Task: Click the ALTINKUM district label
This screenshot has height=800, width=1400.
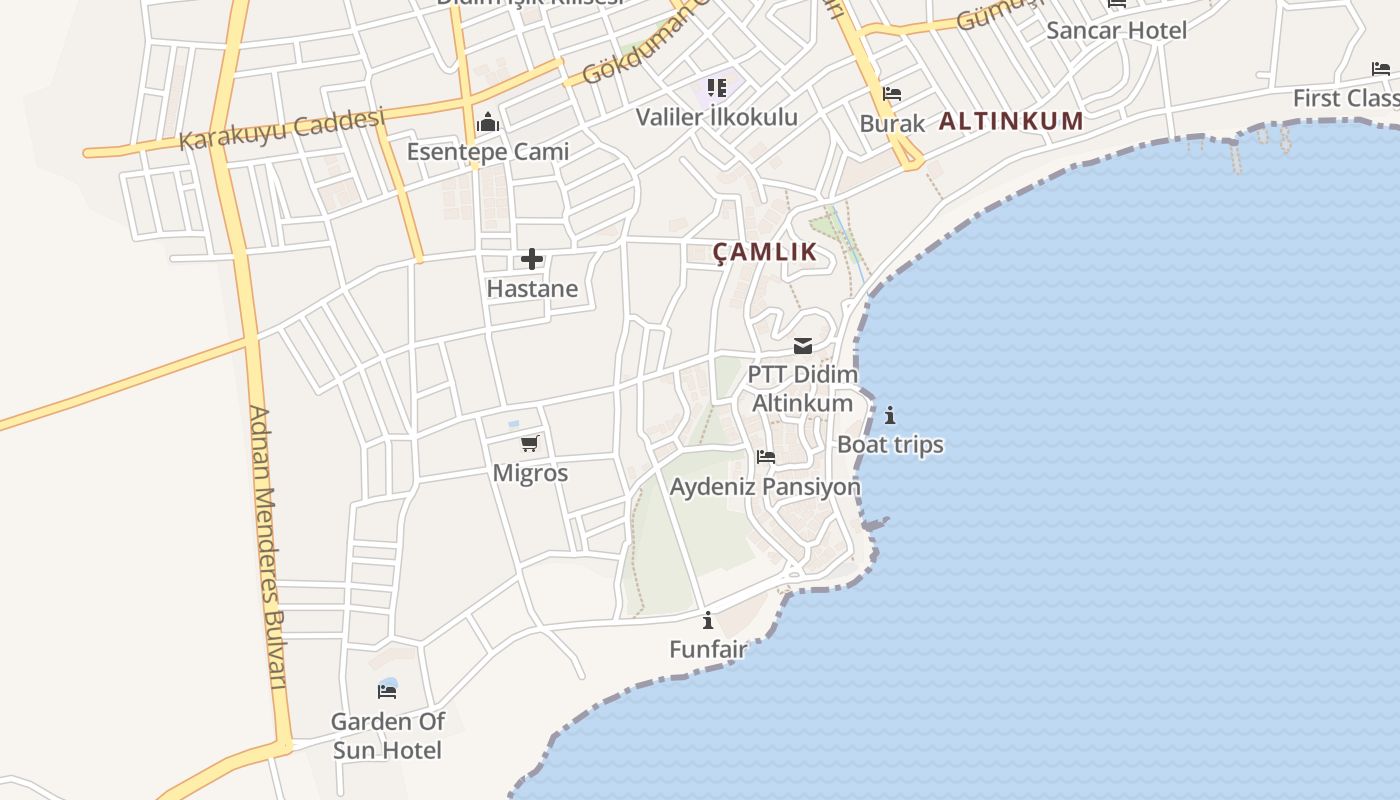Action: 1011,122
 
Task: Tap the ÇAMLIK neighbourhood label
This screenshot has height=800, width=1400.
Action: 765,252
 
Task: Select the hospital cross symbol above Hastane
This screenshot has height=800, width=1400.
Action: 532,260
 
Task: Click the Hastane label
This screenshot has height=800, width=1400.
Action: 532,289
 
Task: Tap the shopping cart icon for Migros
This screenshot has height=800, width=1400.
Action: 529,443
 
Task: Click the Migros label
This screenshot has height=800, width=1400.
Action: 530,473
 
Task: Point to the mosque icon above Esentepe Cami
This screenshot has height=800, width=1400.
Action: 488,123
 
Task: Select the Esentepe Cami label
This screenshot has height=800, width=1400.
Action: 487,152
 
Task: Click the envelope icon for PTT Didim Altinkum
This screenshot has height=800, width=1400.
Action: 803,346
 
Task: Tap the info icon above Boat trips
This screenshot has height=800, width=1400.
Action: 890,415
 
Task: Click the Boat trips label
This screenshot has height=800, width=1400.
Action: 890,445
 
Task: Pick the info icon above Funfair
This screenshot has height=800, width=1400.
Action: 708,620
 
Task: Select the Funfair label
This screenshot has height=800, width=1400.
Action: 708,650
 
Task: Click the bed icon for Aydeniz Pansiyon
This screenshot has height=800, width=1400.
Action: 766,457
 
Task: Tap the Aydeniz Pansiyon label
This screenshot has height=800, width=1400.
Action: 765,487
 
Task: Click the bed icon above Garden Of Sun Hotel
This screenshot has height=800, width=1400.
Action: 387,690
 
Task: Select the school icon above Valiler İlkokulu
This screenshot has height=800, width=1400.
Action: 717,88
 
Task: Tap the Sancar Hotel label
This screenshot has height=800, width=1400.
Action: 1116,31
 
